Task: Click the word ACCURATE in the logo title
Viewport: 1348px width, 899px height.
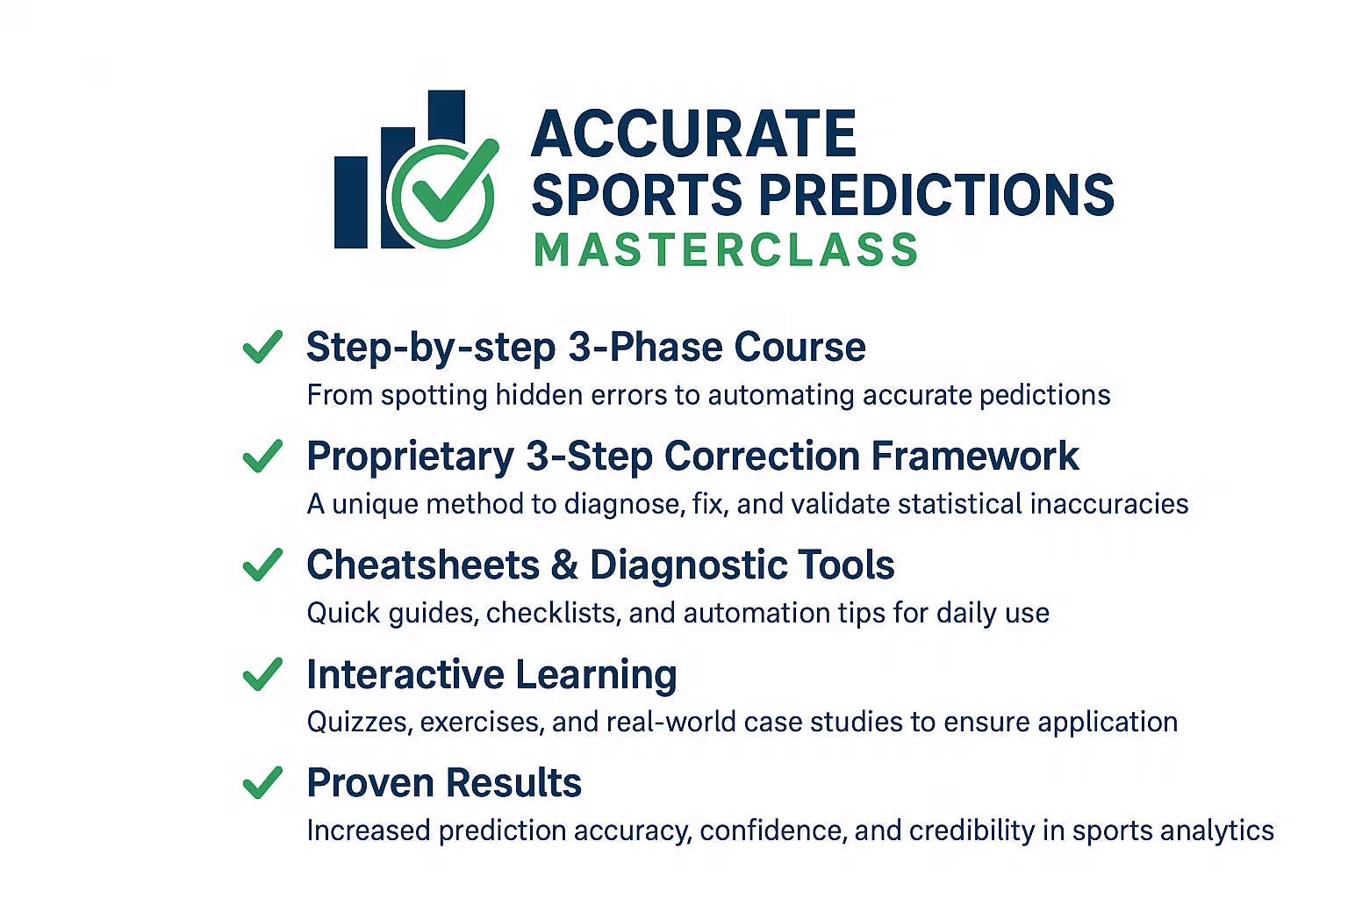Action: pos(693,133)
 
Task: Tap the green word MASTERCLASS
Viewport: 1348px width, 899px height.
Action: pos(726,250)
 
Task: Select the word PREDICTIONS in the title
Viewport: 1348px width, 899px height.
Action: pos(936,194)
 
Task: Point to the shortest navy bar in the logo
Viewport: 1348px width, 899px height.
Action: pos(351,202)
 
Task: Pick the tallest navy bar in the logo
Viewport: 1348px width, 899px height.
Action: pos(447,117)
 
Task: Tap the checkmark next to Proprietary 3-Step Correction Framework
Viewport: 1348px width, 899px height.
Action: pos(262,456)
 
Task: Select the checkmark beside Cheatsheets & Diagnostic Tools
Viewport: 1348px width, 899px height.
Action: pos(262,565)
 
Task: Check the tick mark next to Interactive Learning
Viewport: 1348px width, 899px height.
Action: pos(262,673)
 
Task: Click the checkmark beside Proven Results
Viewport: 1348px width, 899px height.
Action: pos(262,782)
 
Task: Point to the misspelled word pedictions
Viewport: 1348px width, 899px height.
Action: pos(1044,396)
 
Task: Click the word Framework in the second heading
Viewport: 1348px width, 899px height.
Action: pos(975,456)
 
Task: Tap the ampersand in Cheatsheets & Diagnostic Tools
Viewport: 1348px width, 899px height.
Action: pos(564,565)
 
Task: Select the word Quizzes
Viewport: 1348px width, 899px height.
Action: pos(360,722)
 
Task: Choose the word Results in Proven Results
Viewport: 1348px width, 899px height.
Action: pos(514,783)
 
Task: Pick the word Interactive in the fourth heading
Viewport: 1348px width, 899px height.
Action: pos(405,673)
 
